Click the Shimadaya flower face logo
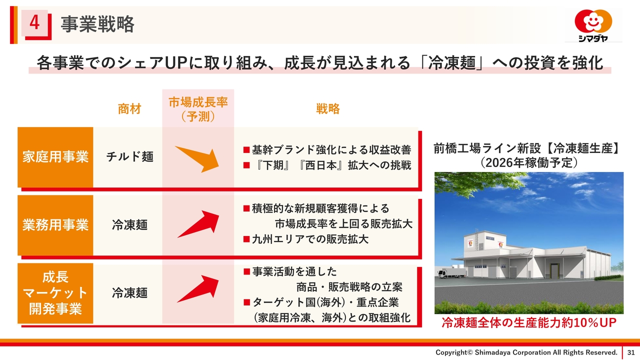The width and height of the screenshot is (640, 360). (593, 21)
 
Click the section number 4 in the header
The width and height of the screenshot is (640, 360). (34, 22)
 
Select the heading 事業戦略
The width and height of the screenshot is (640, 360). (97, 24)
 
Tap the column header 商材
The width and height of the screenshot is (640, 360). (129, 109)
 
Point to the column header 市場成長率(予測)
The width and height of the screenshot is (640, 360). (198, 109)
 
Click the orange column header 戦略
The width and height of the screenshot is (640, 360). (327, 109)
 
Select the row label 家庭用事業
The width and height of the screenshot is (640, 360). (55, 157)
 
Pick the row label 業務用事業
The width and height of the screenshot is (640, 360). (55, 225)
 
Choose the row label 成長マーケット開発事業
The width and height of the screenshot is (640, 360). (55, 293)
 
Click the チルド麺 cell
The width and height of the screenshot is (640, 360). (129, 157)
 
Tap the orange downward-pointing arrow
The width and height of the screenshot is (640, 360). (197, 159)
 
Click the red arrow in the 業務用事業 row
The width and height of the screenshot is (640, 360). (198, 224)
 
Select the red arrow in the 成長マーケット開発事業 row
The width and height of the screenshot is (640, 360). (198, 289)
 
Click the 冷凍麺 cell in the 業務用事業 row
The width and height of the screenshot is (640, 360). (129, 225)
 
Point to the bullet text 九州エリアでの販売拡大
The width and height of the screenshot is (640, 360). (306, 239)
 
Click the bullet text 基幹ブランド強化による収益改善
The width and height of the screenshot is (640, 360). (327, 149)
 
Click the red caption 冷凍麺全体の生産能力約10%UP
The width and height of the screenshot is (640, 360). (529, 323)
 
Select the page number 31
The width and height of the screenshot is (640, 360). (631, 352)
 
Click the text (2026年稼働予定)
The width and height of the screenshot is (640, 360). (529, 163)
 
